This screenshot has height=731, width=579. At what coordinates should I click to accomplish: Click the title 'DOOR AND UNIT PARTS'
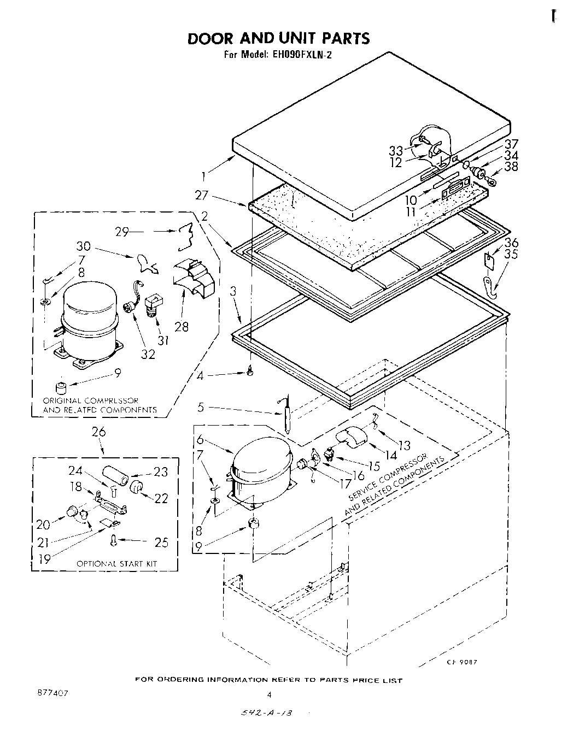[278, 38]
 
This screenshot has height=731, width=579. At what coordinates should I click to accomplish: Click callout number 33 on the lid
[396, 151]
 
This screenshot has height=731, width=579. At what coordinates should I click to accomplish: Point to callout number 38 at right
[511, 167]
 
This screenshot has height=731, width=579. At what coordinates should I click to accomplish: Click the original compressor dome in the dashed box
[89, 309]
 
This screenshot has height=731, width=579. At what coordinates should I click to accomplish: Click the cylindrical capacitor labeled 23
[115, 474]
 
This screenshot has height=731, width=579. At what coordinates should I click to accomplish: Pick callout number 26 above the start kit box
[100, 432]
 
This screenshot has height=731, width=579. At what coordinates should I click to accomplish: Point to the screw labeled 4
[250, 372]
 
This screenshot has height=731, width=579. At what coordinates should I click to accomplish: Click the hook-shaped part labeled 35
[493, 286]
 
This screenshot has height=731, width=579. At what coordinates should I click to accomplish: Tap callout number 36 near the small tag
[512, 243]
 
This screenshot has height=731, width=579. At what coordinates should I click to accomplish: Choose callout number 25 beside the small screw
[161, 542]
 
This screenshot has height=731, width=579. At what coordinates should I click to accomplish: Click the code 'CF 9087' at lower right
[463, 662]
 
